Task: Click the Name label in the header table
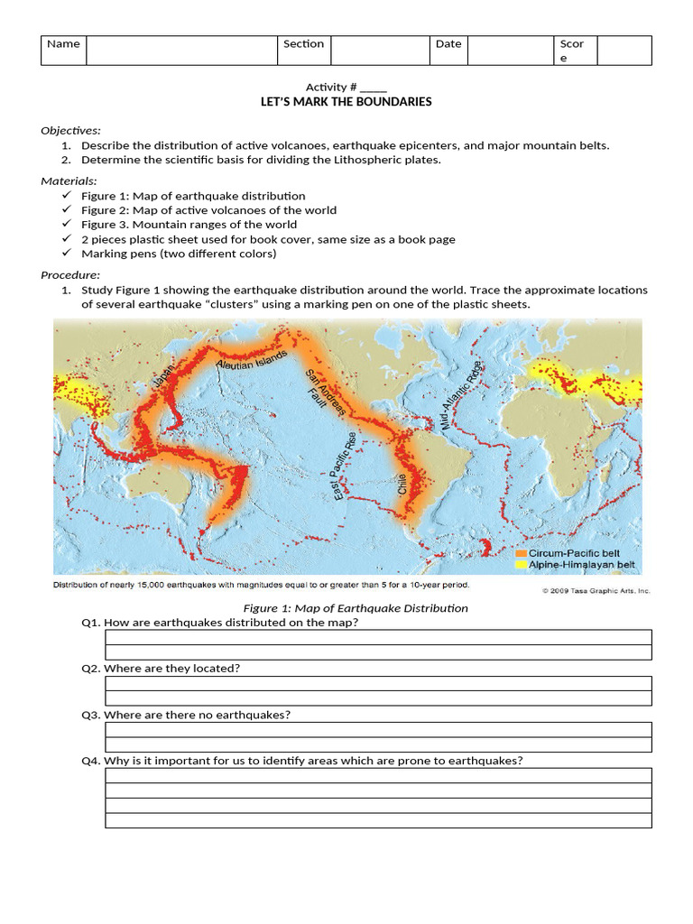click(63, 43)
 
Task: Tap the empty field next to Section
click(379, 51)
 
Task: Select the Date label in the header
click(448, 43)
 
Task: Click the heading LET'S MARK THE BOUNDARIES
click(346, 102)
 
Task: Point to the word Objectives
click(70, 130)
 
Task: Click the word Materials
click(69, 181)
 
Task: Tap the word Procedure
click(70, 275)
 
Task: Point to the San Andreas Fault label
click(326, 394)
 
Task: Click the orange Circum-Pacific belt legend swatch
click(521, 553)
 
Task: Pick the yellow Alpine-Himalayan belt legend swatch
click(521, 565)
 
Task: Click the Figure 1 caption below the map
click(356, 608)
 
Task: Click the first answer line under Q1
click(378, 638)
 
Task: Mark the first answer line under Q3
click(378, 730)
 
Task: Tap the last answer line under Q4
click(378, 821)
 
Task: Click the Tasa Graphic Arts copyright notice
click(596, 591)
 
